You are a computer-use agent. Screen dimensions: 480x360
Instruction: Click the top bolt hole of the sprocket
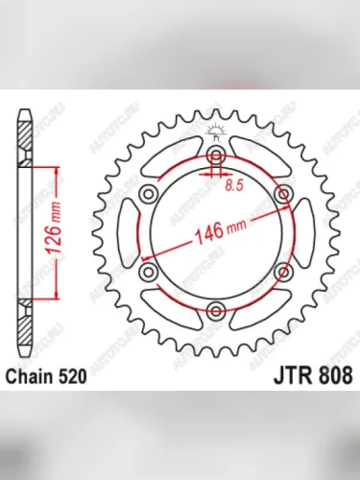click(216, 156)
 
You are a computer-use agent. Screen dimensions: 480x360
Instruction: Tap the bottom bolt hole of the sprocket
click(216, 311)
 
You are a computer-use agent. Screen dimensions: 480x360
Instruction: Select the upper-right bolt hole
click(282, 195)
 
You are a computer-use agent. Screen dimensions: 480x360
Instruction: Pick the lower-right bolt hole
click(282, 274)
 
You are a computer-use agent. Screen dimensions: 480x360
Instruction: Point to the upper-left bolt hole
click(149, 195)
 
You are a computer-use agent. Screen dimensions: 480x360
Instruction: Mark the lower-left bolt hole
click(149, 274)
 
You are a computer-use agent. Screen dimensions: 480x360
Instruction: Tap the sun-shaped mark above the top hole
click(216, 136)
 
